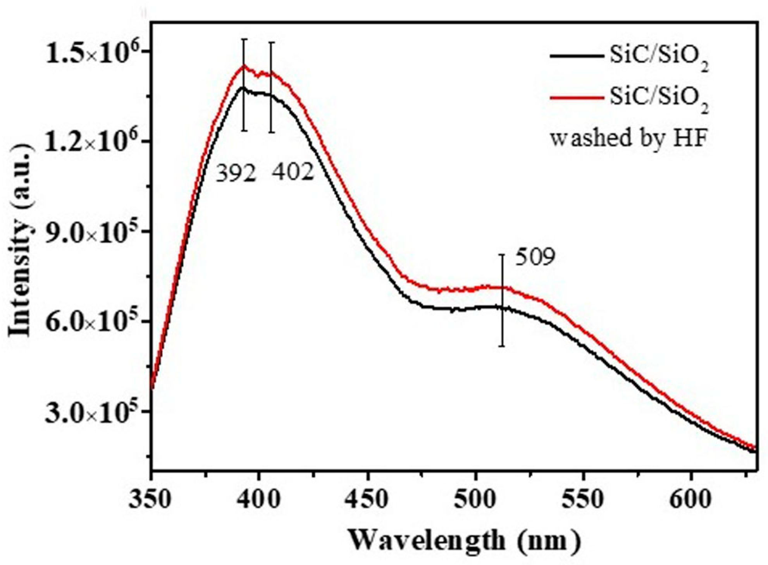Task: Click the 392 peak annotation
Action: tap(236, 174)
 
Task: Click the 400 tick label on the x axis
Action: tap(258, 499)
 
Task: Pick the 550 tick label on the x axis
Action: tap(583, 499)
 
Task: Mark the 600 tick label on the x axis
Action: tap(691, 499)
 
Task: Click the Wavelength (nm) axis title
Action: tap(465, 541)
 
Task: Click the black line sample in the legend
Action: tap(577, 57)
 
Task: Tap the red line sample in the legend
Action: tap(577, 98)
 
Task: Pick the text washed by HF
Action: tap(628, 138)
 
